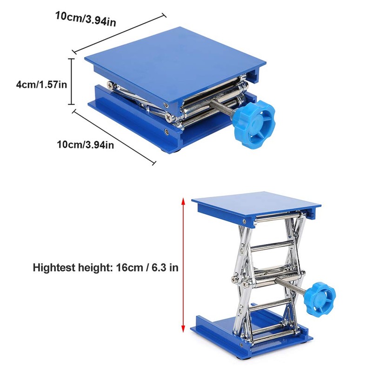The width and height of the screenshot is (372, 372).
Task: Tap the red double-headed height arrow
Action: coord(184,265)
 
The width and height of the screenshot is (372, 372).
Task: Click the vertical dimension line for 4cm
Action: coord(72,81)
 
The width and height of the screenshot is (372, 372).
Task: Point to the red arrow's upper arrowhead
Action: coord(184,200)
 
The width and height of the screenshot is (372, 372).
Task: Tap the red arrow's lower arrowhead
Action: coord(184,329)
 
